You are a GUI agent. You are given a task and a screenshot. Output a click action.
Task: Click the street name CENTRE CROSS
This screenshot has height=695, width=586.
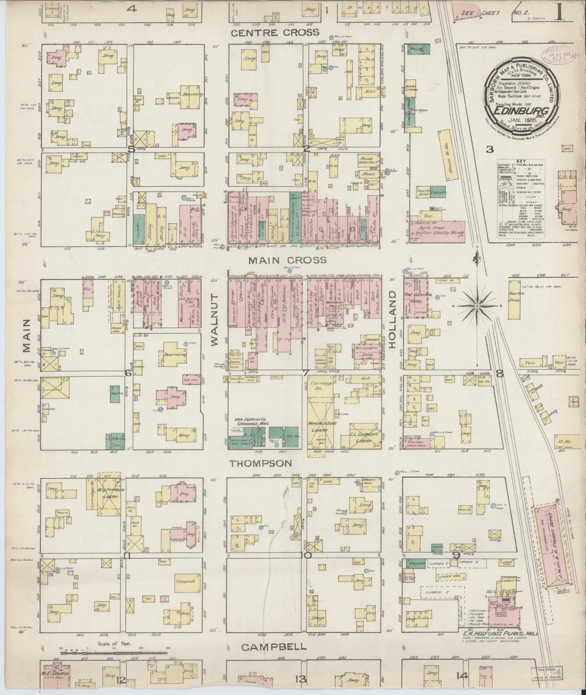click(x=275, y=32)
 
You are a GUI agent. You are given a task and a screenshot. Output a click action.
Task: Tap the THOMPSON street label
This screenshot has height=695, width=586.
click(x=261, y=463)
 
